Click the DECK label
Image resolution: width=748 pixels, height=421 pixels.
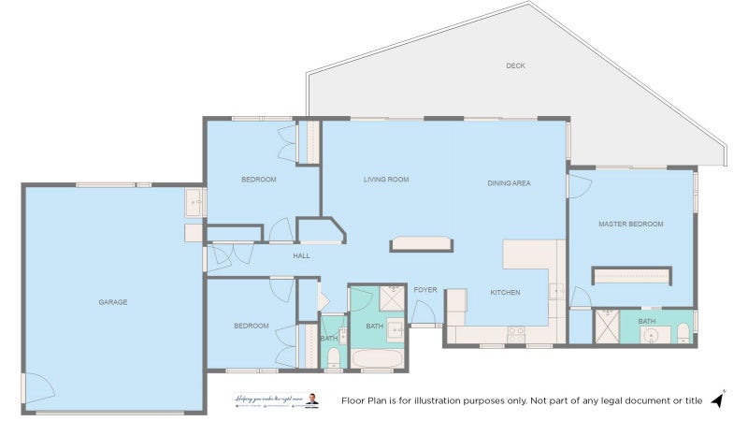point(514,65)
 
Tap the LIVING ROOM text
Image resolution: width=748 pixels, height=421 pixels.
point(386,179)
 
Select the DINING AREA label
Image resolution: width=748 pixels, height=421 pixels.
point(509,183)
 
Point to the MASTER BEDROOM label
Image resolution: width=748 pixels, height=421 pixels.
point(631,225)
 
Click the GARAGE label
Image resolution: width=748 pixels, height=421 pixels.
point(113,302)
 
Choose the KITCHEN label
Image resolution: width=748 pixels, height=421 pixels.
point(506,293)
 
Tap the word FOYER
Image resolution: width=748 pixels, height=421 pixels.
point(425,290)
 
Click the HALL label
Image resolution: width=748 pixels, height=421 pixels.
point(301,255)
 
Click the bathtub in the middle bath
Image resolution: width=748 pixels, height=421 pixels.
point(378,358)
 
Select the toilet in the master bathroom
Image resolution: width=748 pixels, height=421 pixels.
point(683,333)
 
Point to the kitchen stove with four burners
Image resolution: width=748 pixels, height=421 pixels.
point(516,332)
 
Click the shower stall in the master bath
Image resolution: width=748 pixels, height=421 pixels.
point(608,327)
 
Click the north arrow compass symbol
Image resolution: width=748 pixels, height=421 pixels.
point(718,399)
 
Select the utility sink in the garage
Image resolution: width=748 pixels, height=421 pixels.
point(194,200)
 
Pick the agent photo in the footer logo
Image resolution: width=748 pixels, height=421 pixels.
point(312,400)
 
